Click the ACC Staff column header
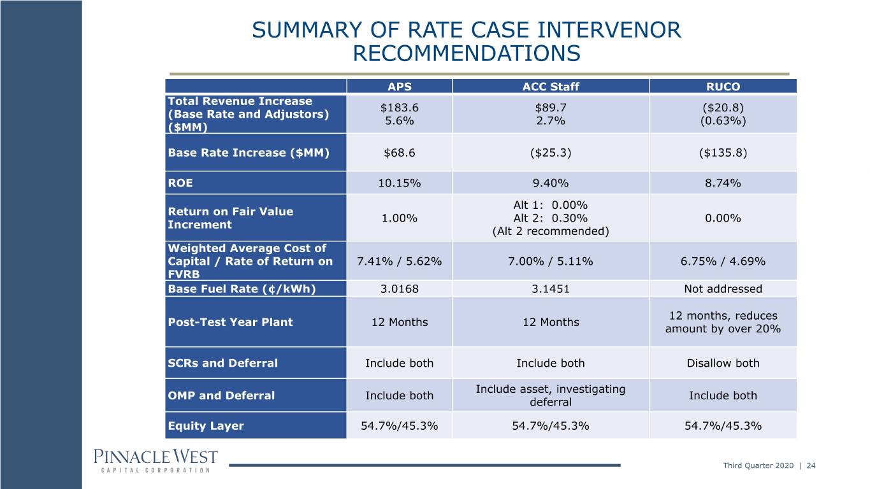[550, 87]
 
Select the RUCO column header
[723, 87]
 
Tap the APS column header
[399, 87]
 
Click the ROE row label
[180, 183]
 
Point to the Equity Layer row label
[206, 426]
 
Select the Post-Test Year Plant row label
[230, 322]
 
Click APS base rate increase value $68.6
[399, 153]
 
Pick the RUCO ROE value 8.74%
[723, 183]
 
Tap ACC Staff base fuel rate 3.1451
[550, 288]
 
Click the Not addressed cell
[723, 288]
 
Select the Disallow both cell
[723, 363]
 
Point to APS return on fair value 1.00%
[399, 218]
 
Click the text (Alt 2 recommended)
[550, 231]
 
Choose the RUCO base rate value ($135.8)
[723, 153]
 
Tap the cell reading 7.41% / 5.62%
[399, 261]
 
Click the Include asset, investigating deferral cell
[550, 395]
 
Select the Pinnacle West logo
[156, 461]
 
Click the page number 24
[811, 465]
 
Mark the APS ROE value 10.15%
[399, 183]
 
